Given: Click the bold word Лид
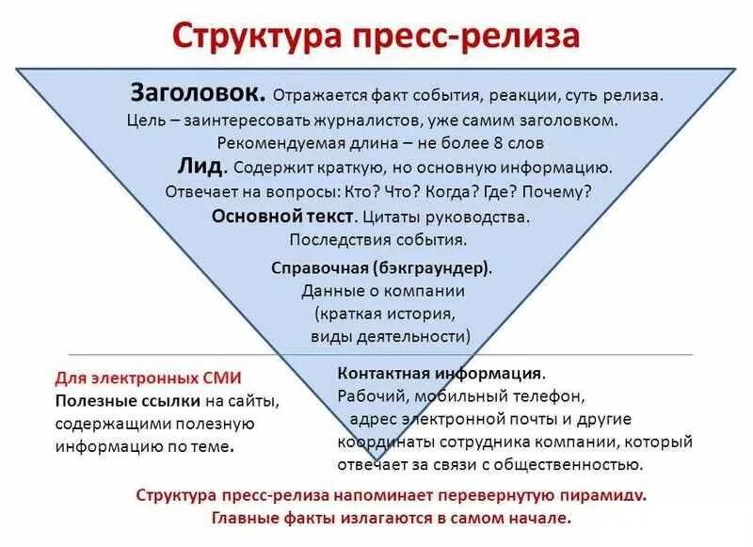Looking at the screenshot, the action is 200,167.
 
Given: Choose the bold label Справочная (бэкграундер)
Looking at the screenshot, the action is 381,267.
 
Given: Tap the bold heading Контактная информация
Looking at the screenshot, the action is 440,373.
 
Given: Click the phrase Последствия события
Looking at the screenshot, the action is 379,239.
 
